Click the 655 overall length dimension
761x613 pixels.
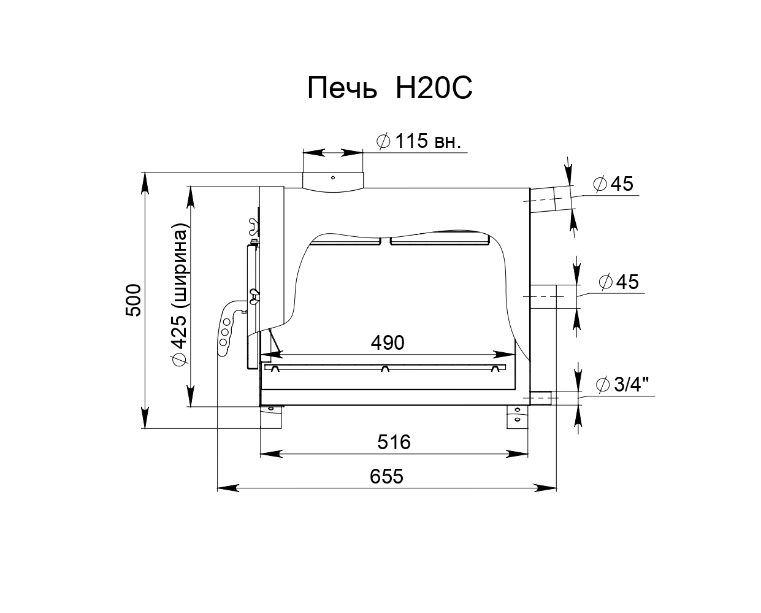click(386, 476)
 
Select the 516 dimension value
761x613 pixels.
click(394, 442)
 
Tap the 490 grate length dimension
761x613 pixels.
click(388, 342)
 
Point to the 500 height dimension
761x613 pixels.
click(133, 300)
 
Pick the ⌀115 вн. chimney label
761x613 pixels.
click(419, 141)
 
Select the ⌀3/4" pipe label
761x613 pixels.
click(623, 384)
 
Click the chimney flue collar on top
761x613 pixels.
click(333, 182)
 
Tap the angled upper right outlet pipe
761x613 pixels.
click(550, 199)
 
